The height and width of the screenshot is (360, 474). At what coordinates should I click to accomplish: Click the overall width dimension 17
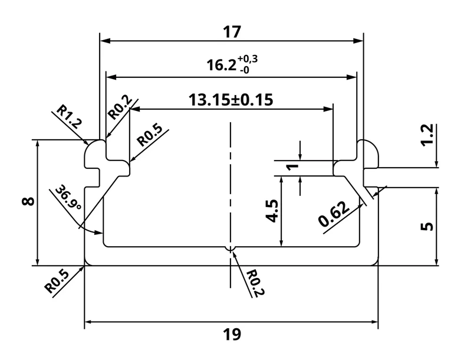click(x=232, y=32)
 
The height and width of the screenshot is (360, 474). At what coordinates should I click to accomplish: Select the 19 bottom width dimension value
click(x=232, y=335)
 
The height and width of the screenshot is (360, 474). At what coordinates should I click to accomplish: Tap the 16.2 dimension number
click(x=221, y=65)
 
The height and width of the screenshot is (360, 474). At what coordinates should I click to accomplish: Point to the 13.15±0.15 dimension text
click(x=231, y=100)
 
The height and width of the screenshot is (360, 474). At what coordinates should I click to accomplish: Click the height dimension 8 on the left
click(x=28, y=201)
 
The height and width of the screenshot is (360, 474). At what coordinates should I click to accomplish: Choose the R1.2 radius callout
click(x=69, y=116)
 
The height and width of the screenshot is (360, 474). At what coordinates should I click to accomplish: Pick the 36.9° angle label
click(x=68, y=198)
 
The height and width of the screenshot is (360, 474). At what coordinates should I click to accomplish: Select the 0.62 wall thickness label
click(x=334, y=214)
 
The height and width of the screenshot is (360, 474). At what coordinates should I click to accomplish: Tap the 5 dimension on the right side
click(x=427, y=226)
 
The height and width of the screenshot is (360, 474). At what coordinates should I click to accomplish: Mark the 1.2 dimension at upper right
click(x=427, y=135)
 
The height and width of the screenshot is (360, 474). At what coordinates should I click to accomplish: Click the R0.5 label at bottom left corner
click(x=57, y=282)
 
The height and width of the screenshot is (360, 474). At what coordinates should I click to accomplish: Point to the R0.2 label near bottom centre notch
click(x=255, y=283)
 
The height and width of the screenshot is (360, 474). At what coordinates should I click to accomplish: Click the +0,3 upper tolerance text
click(x=248, y=58)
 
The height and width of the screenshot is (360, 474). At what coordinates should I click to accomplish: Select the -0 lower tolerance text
click(x=245, y=70)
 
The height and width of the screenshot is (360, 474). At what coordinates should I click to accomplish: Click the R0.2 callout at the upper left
click(x=120, y=107)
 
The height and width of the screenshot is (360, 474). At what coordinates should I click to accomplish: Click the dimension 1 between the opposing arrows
click(x=292, y=166)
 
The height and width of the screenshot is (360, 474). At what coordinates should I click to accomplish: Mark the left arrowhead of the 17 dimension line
click(x=104, y=41)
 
